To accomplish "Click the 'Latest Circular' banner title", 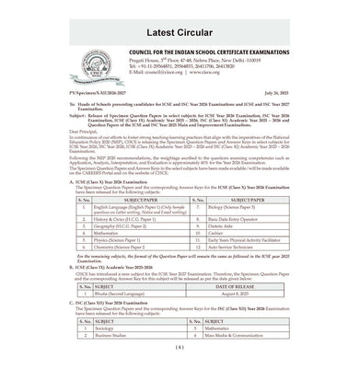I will point(180,20).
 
